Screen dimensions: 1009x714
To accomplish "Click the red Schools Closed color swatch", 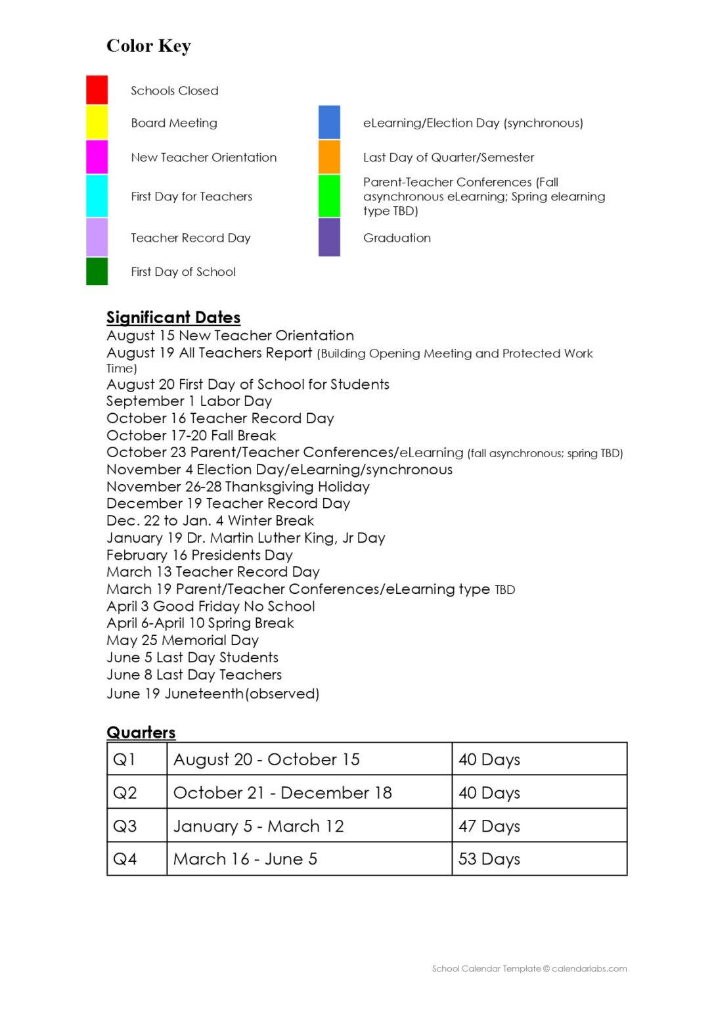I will coord(97,90).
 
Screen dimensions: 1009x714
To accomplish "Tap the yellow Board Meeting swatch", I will coord(97,122).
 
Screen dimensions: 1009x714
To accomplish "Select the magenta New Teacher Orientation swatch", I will coord(97,157).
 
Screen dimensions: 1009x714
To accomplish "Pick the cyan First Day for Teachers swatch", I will coord(97,196).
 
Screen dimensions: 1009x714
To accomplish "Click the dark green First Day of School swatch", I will coord(97,271).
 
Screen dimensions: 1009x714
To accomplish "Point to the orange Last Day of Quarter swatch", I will coord(329,157).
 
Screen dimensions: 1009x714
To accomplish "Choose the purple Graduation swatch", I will coord(329,237).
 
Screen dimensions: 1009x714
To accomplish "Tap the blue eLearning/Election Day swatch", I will coord(329,122).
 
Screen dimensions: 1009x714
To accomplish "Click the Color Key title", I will coord(148,46).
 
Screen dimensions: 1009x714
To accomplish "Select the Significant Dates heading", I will coord(173,317).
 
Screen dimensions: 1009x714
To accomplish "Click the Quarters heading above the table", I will coord(141,732).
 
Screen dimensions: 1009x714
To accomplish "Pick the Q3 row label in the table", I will coord(125,826).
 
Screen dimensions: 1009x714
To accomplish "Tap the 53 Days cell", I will coord(489,859).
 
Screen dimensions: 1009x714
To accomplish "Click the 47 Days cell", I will coord(489,826).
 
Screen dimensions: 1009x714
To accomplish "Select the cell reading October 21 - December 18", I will coord(282,793).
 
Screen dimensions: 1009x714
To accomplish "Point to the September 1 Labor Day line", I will coord(189,401).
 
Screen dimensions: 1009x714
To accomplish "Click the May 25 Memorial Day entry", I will coord(183,640).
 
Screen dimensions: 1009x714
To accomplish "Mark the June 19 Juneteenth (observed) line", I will coord(213,694).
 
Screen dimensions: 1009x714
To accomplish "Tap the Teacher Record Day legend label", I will coord(190,238).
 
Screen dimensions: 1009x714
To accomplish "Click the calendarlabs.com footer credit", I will coord(529,968).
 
